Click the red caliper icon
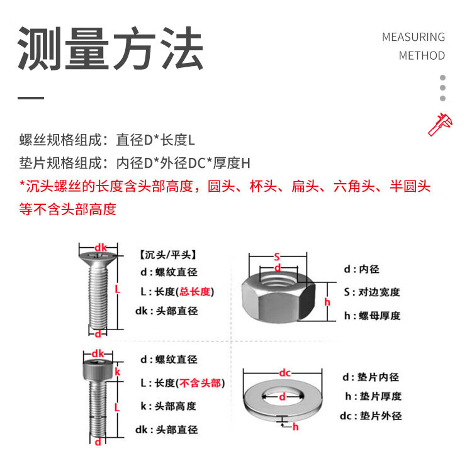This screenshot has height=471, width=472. pos(441,125)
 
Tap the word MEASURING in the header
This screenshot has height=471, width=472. pos(413,37)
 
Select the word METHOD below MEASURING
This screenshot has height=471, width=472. pos(422,55)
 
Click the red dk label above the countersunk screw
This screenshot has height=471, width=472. pos(101,248)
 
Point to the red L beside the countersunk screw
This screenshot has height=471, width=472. pos(118,289)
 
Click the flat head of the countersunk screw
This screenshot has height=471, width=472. pos(98,257)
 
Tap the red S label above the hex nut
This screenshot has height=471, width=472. pos(277,257)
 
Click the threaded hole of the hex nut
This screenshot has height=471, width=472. pos(278,279)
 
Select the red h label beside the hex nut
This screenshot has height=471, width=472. pos(327,302)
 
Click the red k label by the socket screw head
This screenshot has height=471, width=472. pos(118,372)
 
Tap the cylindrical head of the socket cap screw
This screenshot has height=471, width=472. pos(98,370)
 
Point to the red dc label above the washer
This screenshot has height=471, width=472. pos(284,373)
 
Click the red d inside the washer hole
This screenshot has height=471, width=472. pos(282,397)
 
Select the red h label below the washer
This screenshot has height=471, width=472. pos(296,426)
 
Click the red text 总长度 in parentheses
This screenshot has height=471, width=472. pos(194,291)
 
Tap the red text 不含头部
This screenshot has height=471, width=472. pos(200,383)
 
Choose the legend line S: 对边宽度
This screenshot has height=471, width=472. pos(372,292)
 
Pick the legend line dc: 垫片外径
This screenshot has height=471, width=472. pos(371,416)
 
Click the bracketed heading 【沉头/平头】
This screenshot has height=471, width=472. pos(167,255)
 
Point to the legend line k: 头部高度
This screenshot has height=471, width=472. pos(169,406)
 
